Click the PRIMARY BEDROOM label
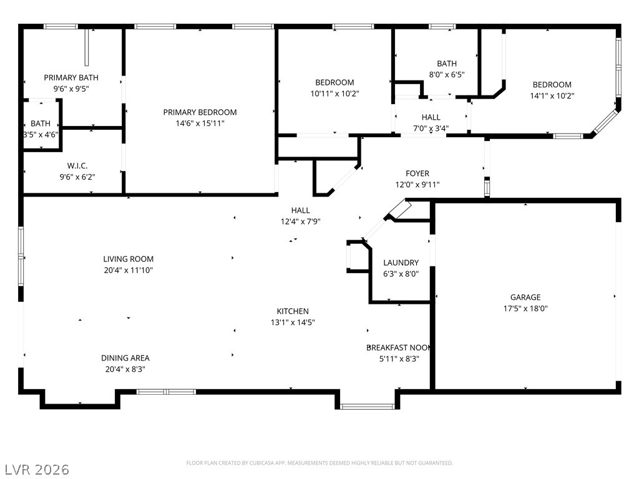[x=200, y=112]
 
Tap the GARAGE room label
[x=525, y=298]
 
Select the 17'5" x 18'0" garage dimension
[x=525, y=308]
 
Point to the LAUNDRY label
[x=401, y=263]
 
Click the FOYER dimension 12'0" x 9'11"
[x=417, y=185]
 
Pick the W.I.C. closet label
[x=77, y=166]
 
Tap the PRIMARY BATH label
[x=71, y=77]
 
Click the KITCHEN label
[x=293, y=311]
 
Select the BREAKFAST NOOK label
[x=399, y=347]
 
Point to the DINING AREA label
[x=125, y=358]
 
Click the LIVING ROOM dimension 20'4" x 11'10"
[x=129, y=270]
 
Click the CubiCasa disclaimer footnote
[x=319, y=463]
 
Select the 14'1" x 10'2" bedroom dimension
[x=552, y=95]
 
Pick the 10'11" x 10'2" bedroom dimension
[x=334, y=94]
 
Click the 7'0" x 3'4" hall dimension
[x=431, y=128]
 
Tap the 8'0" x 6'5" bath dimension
[x=447, y=75]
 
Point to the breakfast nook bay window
[x=367, y=406]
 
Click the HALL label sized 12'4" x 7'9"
[x=300, y=210]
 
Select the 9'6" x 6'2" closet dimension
[x=77, y=177]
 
